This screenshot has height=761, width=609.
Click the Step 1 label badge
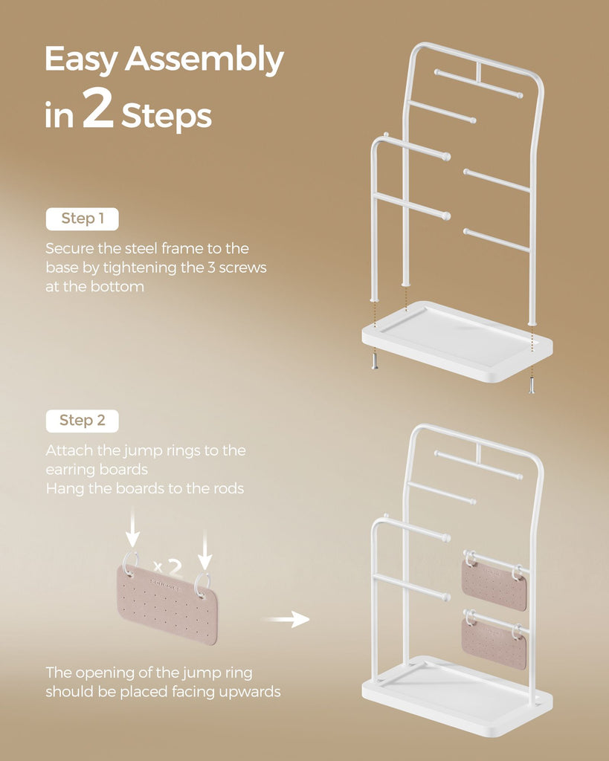point(82,219)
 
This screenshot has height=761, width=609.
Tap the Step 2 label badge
point(82,421)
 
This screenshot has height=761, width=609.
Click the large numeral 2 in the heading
point(97,109)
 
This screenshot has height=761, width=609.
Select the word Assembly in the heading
point(204,59)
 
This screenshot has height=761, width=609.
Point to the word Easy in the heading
point(82,59)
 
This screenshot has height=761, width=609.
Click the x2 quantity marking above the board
point(167,566)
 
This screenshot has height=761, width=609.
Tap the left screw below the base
point(375,362)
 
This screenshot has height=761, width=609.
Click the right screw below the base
point(532,385)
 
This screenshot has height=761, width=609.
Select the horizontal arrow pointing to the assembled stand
point(286,619)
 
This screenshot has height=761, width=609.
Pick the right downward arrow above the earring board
point(205,549)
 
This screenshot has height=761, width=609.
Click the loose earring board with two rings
point(167,603)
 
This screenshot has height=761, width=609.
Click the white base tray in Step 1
point(457,340)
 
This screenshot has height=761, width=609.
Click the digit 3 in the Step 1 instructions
point(211,268)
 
